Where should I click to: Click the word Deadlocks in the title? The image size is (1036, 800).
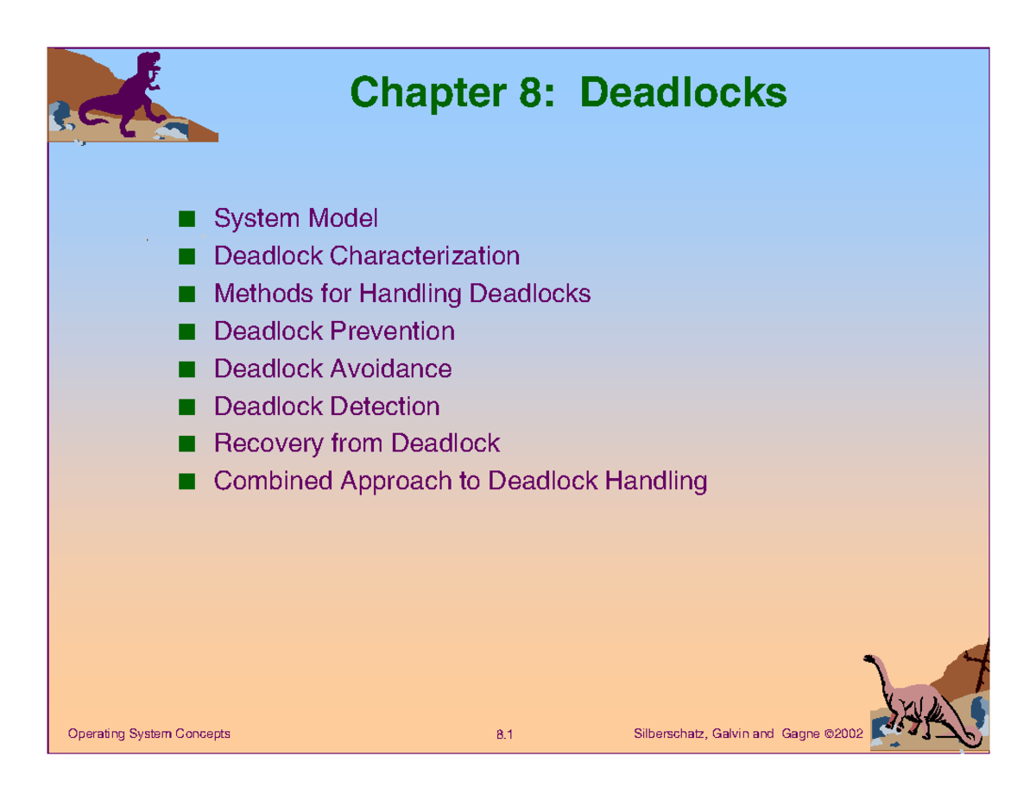(684, 92)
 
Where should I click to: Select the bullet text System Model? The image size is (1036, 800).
(295, 218)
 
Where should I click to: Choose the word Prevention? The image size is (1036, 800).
(392, 331)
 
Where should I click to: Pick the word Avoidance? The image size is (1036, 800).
(390, 369)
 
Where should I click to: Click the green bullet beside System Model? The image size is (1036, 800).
(186, 218)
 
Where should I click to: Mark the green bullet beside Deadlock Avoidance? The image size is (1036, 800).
(186, 369)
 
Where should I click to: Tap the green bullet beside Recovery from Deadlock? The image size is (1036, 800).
(186, 444)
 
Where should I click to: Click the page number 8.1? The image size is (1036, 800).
(504, 734)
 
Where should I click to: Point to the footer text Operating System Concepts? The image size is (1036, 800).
(149, 734)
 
